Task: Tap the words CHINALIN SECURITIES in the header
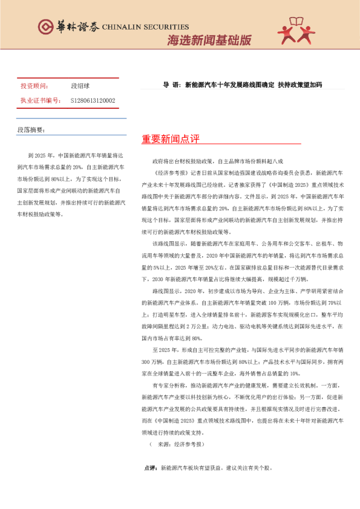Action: (146, 27)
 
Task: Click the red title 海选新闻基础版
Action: (209, 41)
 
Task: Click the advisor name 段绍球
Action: (80, 86)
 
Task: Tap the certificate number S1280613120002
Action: (93, 100)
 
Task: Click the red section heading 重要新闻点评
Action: (171, 139)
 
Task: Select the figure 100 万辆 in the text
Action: (298, 302)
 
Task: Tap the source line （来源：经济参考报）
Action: (175, 444)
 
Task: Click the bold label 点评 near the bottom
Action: (150, 468)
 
